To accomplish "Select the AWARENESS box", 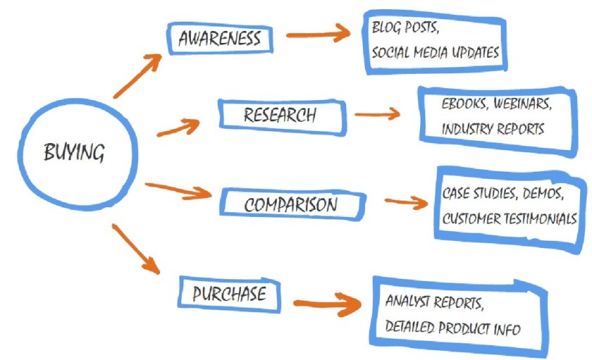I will [218, 39].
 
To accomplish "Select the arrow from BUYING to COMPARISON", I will [178, 189].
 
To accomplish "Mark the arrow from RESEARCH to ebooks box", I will [377, 113].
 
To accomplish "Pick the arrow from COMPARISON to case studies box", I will [407, 202].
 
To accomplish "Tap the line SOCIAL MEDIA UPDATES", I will [435, 53].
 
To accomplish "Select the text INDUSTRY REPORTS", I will [493, 130].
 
